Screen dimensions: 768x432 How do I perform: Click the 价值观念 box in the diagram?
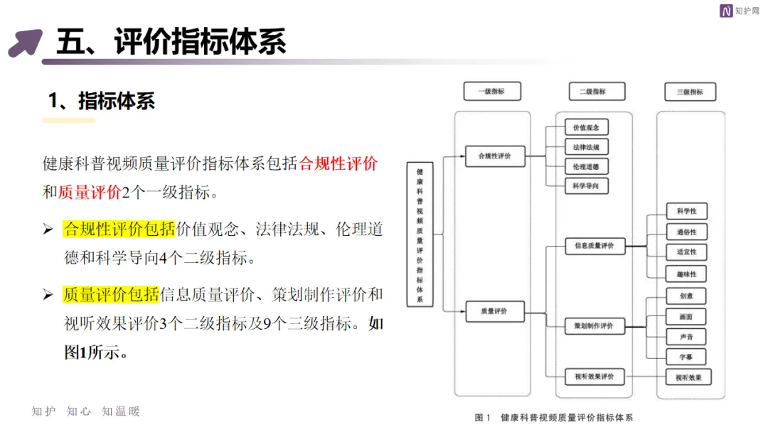pos(587,128)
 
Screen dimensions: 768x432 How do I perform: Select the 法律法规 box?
pos(587,147)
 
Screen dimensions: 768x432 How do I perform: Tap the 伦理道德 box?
pos(587,166)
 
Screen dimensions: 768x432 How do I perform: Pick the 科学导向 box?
pos(587,185)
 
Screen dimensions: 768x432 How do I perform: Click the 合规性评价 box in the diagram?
pos(495,156)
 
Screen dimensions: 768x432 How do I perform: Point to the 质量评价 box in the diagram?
pos(495,311)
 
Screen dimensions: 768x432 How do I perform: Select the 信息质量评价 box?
pos(594,247)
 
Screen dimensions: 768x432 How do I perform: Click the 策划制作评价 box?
pos(594,326)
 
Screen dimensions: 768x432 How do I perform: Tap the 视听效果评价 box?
pos(594,376)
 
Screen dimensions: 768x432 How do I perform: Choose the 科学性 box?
pos(686,211)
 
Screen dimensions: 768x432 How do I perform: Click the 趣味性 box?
pos(686,274)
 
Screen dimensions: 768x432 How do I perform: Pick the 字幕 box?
pos(686,357)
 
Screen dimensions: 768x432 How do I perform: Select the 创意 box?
pos(686,296)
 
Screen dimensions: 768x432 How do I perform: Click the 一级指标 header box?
pos(492,92)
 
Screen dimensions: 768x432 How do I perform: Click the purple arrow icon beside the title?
pos(25,42)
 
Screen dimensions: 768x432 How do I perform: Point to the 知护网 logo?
pos(740,11)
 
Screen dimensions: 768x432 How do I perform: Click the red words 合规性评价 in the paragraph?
pos(338,163)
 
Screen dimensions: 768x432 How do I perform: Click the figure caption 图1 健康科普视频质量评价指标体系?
pos(554,417)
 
